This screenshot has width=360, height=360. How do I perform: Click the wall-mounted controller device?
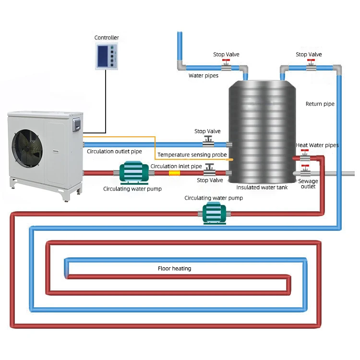(107, 56)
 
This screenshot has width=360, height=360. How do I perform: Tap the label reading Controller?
(107, 38)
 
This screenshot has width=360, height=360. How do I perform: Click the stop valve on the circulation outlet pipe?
(207, 142)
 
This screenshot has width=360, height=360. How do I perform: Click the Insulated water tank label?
(262, 187)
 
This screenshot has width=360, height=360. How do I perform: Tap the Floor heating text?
(174, 268)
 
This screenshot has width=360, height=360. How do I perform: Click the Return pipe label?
(320, 104)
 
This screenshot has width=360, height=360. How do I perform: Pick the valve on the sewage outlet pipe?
(304, 171)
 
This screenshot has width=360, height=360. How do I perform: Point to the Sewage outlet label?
(308, 184)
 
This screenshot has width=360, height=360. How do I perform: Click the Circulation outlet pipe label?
(114, 151)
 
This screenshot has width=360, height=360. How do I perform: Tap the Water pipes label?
(203, 75)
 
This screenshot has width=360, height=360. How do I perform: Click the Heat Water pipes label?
(317, 145)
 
